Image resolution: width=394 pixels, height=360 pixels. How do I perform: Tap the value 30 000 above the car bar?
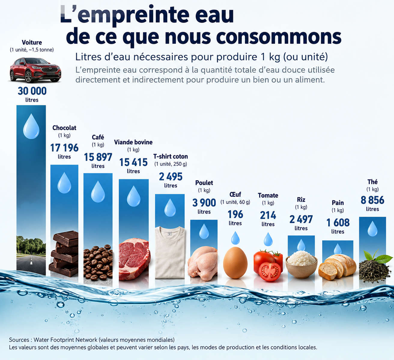tap(32, 91)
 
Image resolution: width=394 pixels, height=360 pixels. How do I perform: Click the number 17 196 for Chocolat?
tap(64, 148)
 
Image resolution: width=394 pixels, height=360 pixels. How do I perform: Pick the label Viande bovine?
tap(133, 142)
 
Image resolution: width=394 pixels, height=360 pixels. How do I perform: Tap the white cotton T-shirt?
tap(170, 252)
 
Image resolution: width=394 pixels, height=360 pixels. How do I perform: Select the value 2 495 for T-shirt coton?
tap(171, 177)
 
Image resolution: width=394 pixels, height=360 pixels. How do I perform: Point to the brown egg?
tap(235, 263)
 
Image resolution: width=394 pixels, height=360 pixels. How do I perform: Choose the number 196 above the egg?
tap(235, 214)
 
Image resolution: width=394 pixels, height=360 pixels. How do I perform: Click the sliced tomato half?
tap(270, 272)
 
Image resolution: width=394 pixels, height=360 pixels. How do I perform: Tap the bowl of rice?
tap(301, 265)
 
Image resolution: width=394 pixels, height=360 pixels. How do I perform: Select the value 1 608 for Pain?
tap(338, 223)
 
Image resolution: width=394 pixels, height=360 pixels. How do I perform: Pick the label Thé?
tap(372, 182)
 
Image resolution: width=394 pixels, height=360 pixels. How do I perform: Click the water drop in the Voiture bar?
tap(31, 126)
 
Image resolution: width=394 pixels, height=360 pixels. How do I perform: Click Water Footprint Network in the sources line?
tap(65, 340)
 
